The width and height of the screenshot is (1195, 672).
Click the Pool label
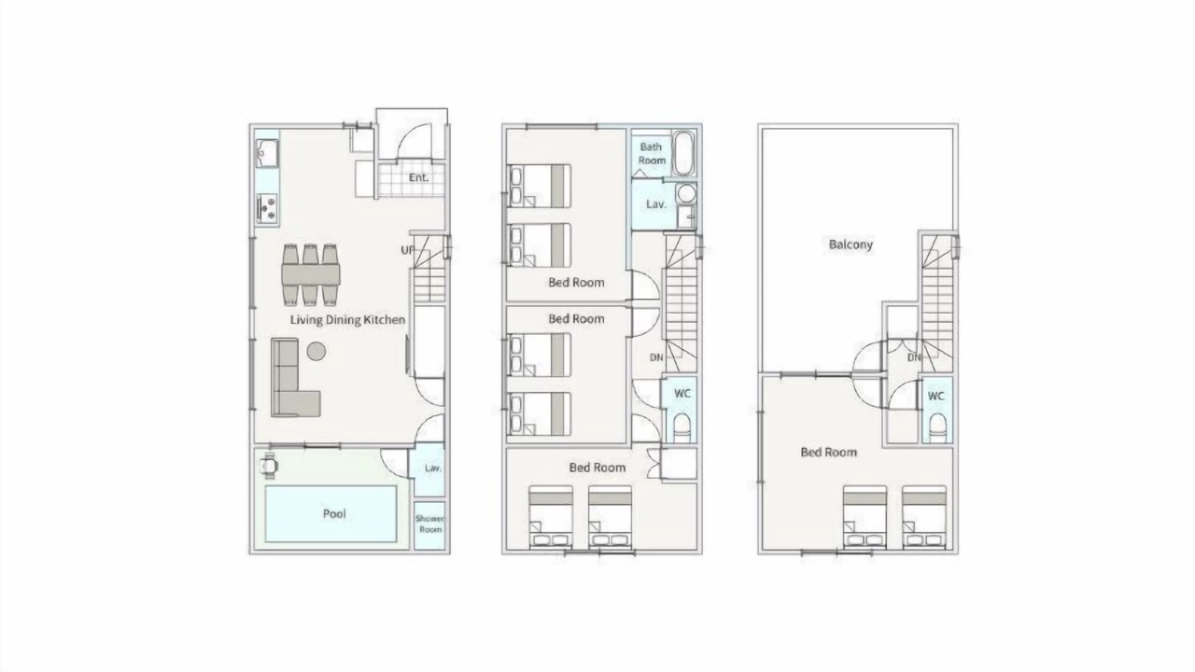pos(334,513)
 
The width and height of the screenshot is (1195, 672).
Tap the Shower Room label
pos(430,524)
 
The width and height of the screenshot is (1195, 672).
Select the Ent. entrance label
pos(419,177)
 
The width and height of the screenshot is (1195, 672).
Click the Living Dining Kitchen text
pos(348,319)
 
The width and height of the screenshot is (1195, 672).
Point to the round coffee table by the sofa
pos(316,351)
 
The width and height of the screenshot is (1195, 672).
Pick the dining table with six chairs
pos(311,274)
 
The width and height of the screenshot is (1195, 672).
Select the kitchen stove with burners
pos(267,208)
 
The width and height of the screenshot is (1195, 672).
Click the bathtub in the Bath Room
pos(683,153)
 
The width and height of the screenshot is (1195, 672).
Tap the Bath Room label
pos(652,153)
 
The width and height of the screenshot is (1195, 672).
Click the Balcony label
pos(851,245)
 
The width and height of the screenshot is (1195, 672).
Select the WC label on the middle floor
pos(682,393)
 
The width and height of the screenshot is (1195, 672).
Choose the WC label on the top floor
pos(935,396)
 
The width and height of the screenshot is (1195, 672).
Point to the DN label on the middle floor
pos(656,357)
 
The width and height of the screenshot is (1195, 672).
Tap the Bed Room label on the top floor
pos(829,453)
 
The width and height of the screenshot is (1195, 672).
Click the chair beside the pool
pos(270,466)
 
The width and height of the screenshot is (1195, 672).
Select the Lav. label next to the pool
pos(433,468)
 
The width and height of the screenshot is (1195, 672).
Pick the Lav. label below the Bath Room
pos(655,203)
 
